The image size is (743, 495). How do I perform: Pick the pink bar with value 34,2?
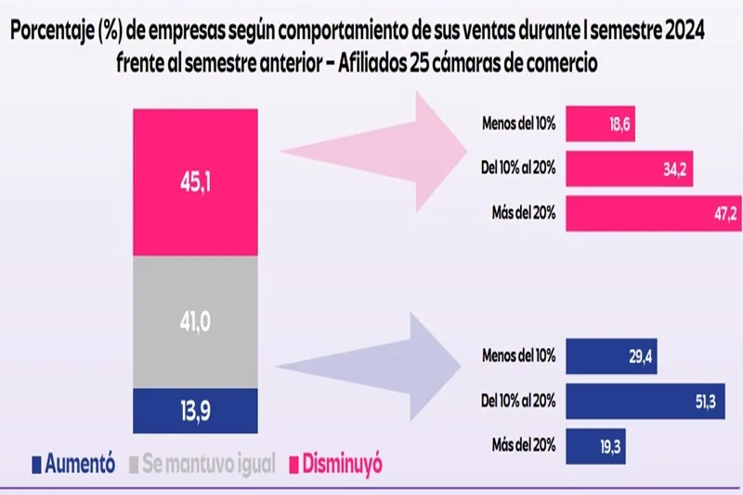(628, 168)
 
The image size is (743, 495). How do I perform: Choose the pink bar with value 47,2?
(653, 214)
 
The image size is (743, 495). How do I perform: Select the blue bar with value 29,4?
(610, 355)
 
